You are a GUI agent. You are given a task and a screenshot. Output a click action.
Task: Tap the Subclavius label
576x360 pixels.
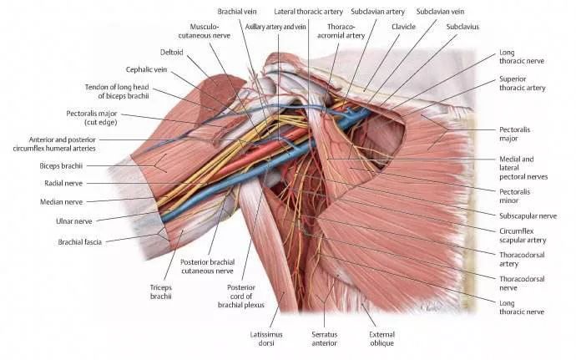462,27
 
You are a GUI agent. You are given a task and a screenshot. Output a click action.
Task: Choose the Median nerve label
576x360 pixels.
62,201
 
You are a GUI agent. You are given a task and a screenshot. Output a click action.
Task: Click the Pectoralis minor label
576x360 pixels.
521,195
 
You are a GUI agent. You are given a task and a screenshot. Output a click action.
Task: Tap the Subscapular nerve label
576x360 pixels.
526,215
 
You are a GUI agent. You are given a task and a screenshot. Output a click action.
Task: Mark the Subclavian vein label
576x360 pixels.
440,13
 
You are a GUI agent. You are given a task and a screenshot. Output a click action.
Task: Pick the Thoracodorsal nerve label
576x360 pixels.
522,285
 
